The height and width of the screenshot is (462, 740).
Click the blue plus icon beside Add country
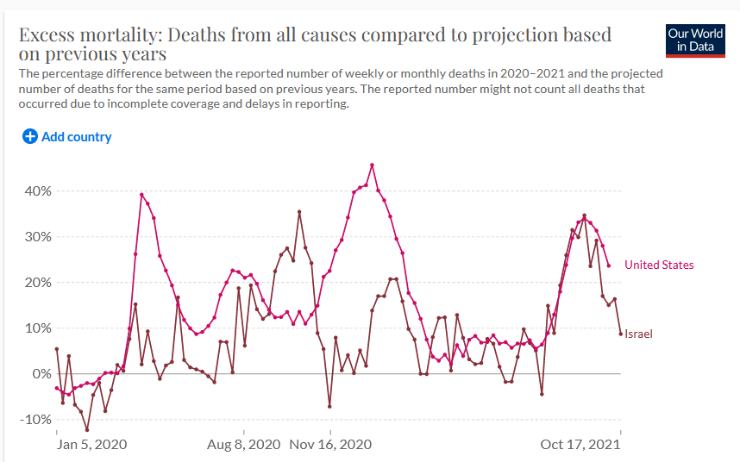point(29,136)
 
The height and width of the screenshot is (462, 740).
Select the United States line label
point(659,265)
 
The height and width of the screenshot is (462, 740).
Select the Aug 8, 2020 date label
point(244,445)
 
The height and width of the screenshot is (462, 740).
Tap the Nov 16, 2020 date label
point(330,445)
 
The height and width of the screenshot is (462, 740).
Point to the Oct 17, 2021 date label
point(580,445)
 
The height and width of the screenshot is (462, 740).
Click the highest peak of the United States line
point(372,165)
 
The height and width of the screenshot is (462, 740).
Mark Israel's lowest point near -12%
point(87,429)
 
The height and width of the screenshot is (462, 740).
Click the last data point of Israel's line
point(621,334)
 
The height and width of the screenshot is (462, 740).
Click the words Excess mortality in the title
point(89,35)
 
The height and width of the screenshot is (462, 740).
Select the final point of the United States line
point(609,265)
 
